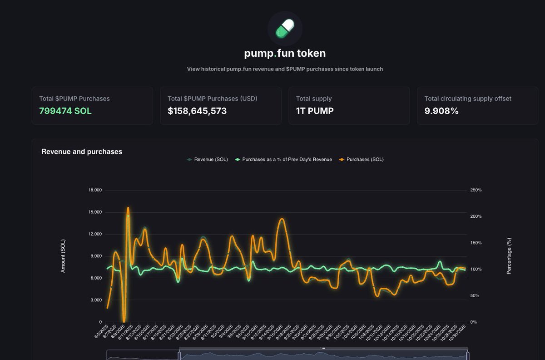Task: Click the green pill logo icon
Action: click(x=285, y=28)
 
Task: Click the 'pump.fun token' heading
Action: click(x=285, y=53)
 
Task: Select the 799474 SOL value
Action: click(x=65, y=111)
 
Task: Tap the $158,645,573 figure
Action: click(x=197, y=111)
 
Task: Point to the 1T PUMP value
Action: click(x=315, y=111)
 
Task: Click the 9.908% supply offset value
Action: click(x=441, y=111)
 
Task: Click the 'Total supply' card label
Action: click(x=314, y=99)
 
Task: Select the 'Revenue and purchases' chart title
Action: click(x=82, y=152)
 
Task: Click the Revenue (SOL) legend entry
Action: click(x=208, y=160)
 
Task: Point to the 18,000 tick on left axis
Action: click(x=95, y=190)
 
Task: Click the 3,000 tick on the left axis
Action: click(x=96, y=300)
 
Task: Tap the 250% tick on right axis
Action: click(x=476, y=190)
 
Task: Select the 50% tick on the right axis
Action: click(x=475, y=295)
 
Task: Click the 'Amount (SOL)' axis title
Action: click(x=63, y=256)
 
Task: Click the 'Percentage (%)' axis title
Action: click(x=509, y=256)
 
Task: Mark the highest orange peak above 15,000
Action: click(x=128, y=208)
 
